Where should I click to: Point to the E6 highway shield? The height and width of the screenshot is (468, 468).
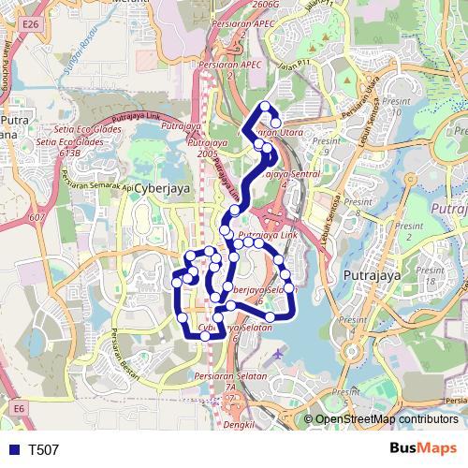coord(19,408)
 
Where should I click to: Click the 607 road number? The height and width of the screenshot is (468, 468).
coord(37,218)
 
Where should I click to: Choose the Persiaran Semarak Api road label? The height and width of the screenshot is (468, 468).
coord(98,178)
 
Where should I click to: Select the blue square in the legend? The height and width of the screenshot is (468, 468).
coord(12,449)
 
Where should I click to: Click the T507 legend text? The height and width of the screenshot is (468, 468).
coord(43,449)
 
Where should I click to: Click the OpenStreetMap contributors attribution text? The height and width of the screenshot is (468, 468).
coord(387,420)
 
